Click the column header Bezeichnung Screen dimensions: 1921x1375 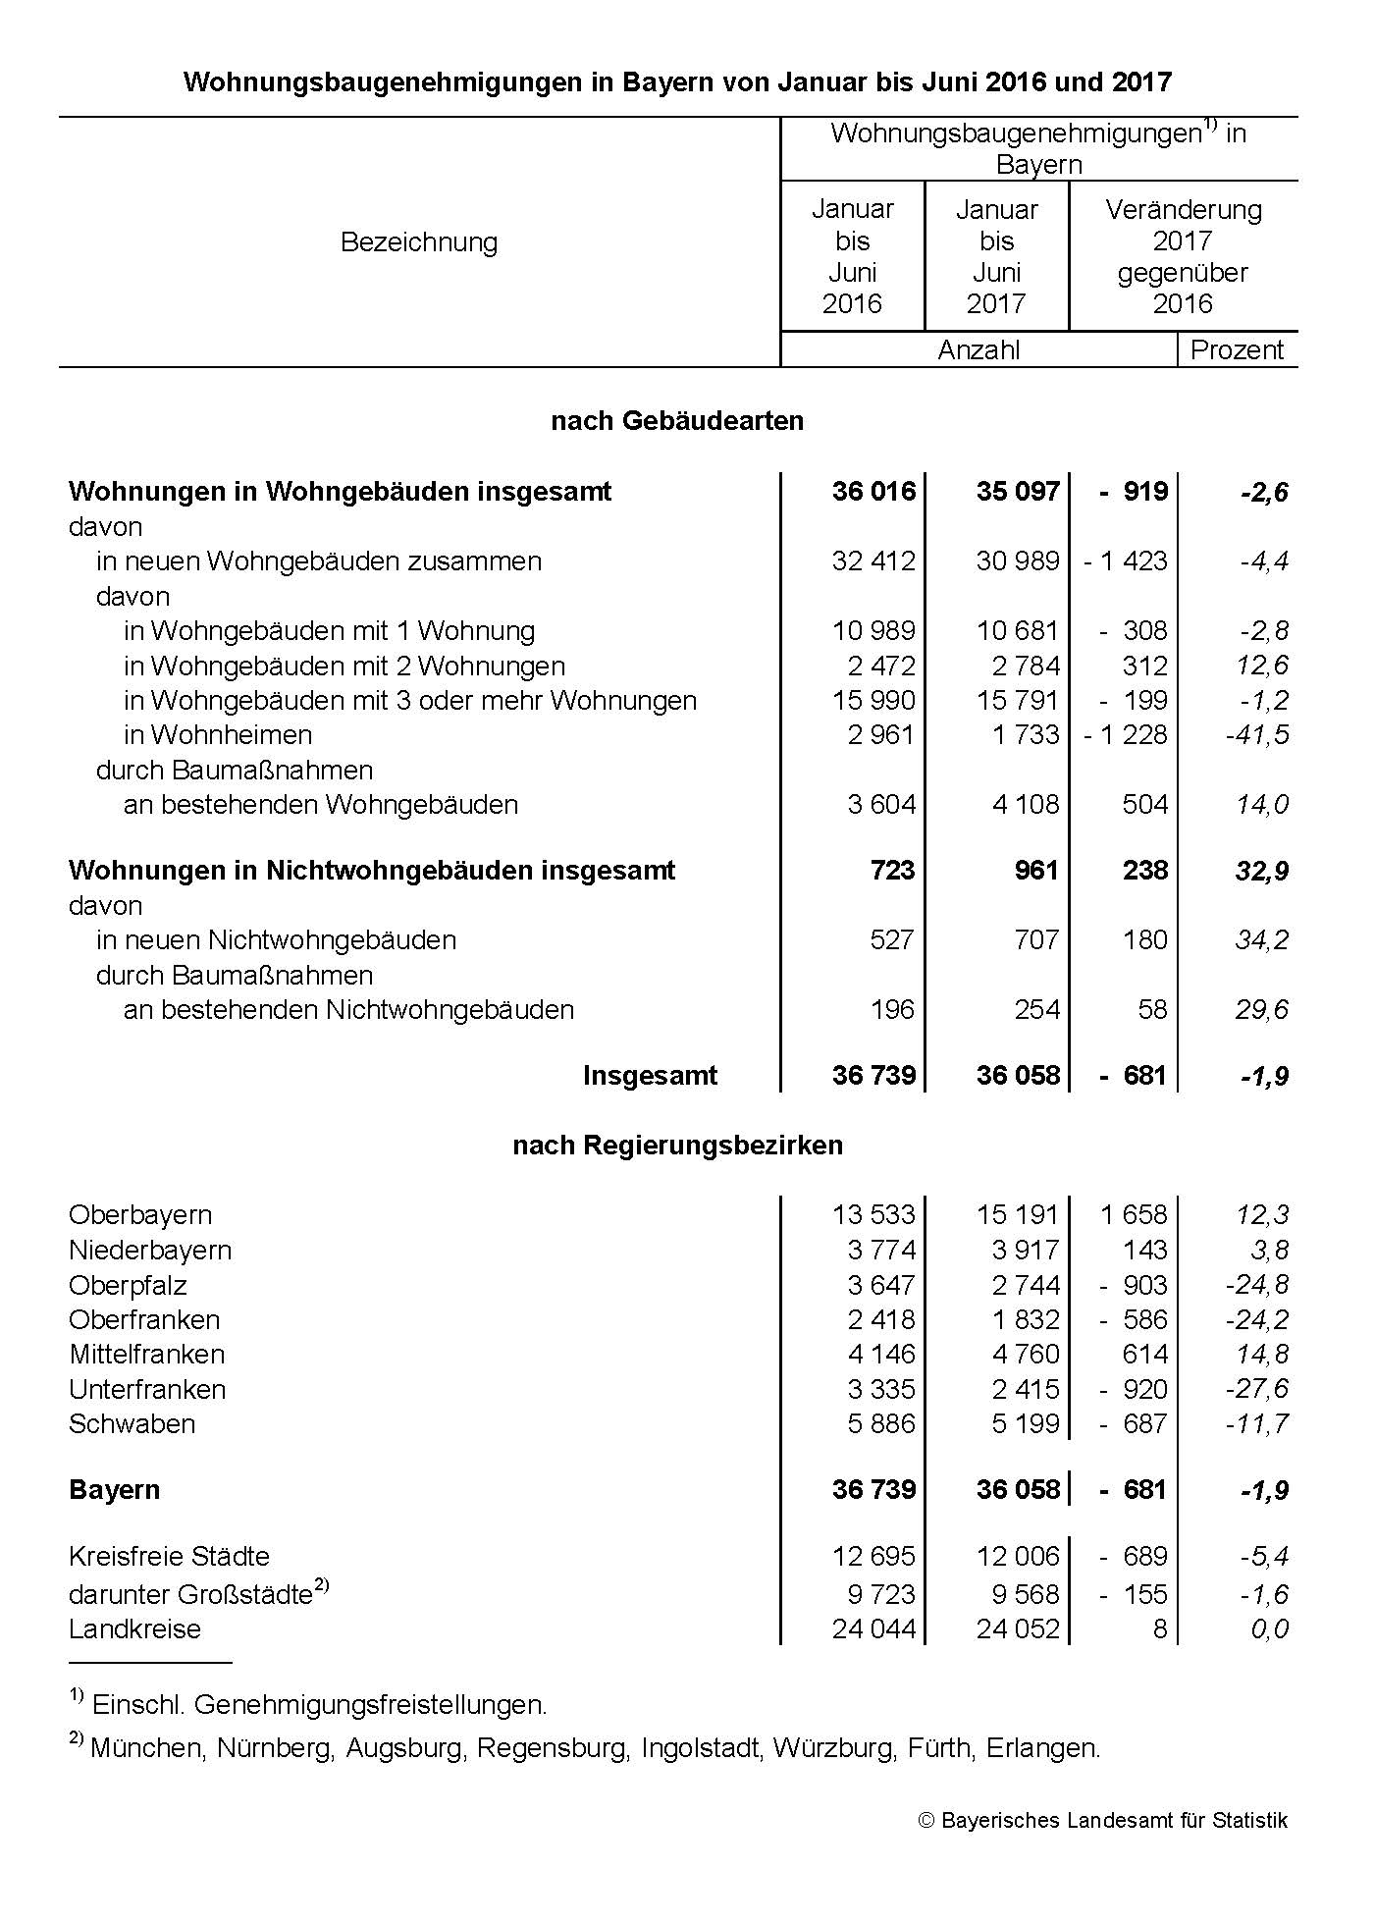click(419, 242)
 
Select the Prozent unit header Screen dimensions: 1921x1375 click(1237, 350)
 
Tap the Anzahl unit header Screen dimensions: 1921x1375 click(978, 350)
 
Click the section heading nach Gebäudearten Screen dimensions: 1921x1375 click(677, 421)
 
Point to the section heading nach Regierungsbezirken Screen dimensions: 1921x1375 click(677, 1146)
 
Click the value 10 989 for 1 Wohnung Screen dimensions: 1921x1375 click(873, 631)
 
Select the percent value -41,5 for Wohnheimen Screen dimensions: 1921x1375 click(1257, 735)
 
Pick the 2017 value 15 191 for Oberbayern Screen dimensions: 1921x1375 click(1018, 1215)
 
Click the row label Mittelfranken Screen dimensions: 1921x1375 click(147, 1355)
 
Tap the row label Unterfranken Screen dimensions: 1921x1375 click(147, 1390)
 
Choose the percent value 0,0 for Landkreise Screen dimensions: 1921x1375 click(1269, 1629)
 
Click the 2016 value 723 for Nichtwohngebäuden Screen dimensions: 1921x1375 click(891, 871)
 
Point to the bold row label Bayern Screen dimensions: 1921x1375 click(114, 1490)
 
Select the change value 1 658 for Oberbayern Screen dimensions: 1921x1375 click(1134, 1215)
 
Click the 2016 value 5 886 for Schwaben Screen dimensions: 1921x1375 click(881, 1424)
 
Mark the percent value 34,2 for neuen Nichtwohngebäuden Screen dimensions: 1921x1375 click(1262, 940)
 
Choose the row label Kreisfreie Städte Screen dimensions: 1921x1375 click(169, 1557)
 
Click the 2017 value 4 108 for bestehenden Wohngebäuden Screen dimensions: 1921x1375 click(1026, 805)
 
